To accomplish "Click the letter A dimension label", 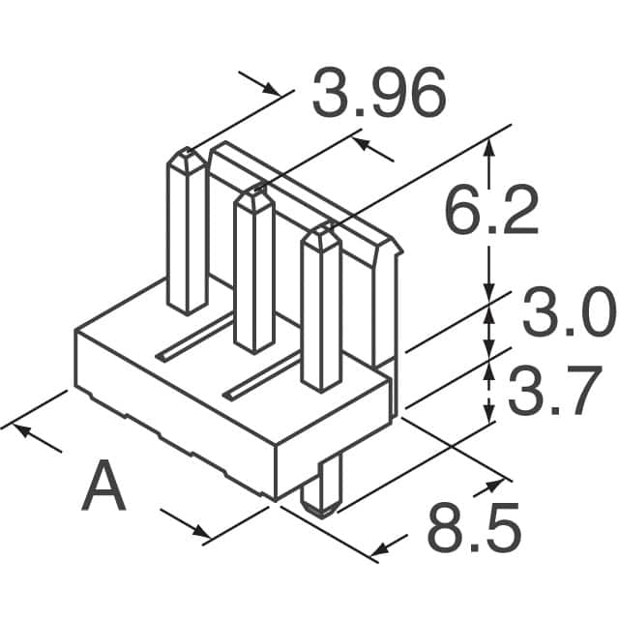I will coord(104,487).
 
